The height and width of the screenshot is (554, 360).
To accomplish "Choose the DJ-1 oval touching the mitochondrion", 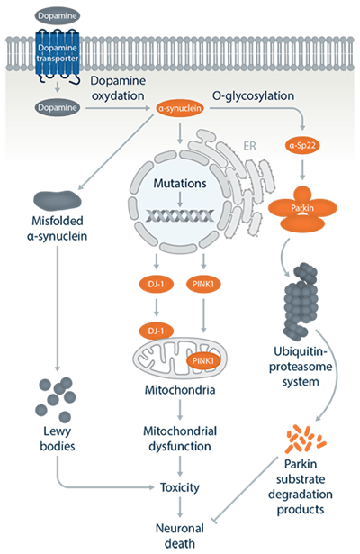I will (158, 331).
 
